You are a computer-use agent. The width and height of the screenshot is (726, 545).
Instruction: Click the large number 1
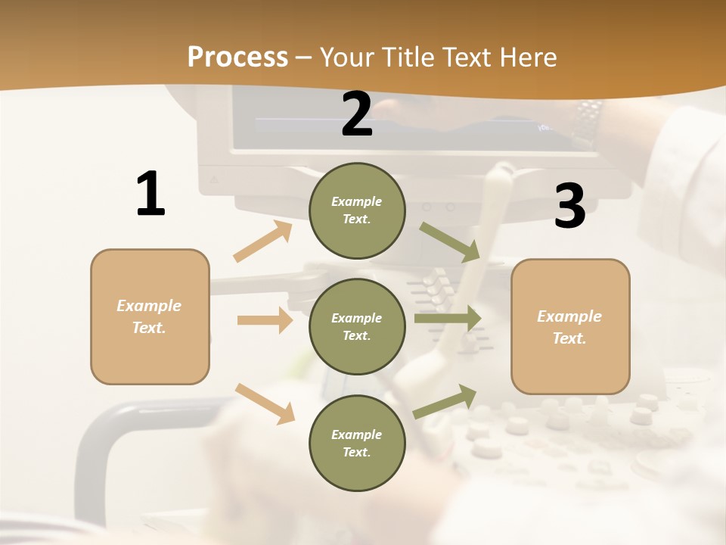click(150, 195)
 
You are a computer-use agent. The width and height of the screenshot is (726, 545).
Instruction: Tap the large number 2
click(357, 114)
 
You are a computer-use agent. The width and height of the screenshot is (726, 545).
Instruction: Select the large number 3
click(569, 207)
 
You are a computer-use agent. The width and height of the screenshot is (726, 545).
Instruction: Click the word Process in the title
click(237, 57)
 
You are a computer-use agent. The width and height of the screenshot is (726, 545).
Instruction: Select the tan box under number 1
click(150, 316)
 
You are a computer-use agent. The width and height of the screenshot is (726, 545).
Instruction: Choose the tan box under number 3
click(570, 327)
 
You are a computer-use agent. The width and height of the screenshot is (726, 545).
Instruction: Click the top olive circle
click(357, 210)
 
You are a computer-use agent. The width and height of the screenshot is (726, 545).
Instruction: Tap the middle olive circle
click(357, 327)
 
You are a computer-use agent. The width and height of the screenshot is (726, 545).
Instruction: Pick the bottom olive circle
click(357, 444)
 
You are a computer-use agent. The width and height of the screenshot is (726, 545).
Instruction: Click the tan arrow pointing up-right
click(263, 241)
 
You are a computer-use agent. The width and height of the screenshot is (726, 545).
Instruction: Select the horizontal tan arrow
click(265, 320)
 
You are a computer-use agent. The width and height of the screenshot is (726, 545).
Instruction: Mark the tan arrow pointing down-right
click(265, 403)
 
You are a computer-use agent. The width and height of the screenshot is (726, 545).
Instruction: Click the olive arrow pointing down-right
click(450, 241)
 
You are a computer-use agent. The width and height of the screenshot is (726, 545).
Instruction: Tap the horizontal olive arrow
click(448, 319)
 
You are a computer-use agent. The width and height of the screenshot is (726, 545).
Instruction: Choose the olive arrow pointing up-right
click(445, 401)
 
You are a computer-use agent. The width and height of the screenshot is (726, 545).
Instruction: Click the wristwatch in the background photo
click(588, 121)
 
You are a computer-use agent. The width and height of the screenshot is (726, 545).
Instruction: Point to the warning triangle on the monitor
click(213, 180)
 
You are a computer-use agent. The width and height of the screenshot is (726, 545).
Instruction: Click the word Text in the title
click(467, 57)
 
